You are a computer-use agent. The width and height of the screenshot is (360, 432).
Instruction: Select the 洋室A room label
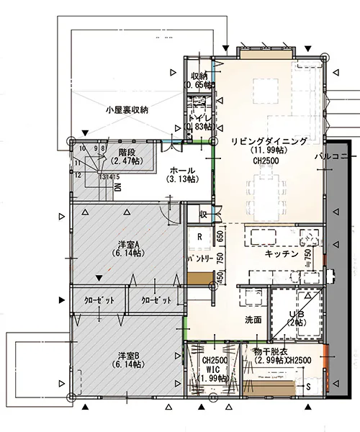[x=127, y=244]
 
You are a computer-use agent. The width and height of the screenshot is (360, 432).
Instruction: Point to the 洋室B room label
[x=127, y=356]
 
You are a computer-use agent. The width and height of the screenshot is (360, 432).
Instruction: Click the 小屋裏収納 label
[x=126, y=110]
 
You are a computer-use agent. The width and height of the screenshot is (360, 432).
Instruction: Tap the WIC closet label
[x=215, y=369]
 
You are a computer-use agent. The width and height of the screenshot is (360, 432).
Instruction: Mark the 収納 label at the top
[x=199, y=76]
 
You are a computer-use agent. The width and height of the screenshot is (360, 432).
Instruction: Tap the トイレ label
[x=199, y=117]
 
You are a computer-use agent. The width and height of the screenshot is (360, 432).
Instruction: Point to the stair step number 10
[x=84, y=149]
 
